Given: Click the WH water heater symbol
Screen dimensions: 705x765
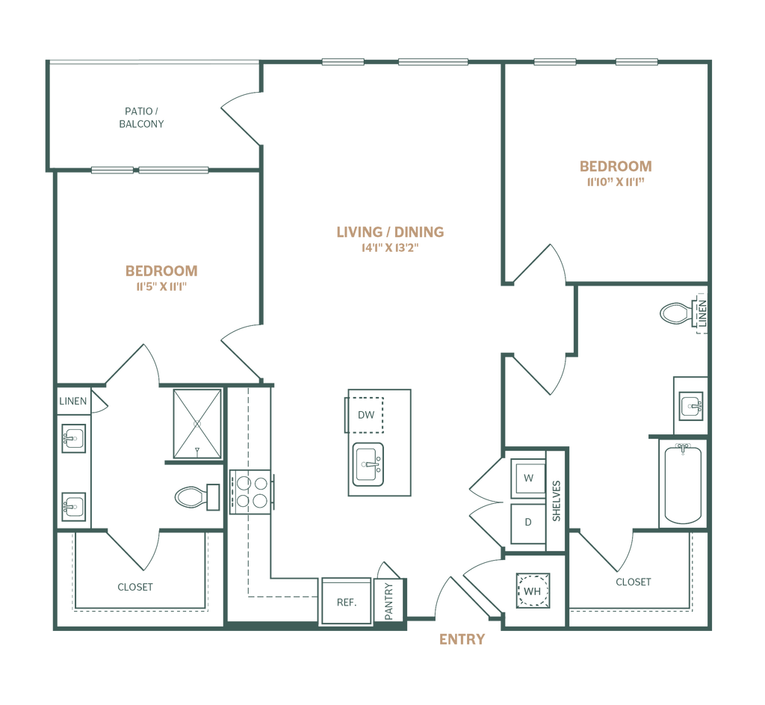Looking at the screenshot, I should [531, 591].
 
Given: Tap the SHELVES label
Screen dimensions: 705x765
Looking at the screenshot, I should [555, 500].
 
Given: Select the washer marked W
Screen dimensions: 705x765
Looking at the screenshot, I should [528, 477].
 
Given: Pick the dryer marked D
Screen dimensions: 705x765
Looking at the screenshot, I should [528, 522].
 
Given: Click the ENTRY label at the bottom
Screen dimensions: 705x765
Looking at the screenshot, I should [462, 640].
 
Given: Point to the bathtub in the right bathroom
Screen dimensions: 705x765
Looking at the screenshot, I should [682, 483].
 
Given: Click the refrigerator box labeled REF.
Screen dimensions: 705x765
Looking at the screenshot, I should [344, 602].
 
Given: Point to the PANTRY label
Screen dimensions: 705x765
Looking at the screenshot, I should [389, 600].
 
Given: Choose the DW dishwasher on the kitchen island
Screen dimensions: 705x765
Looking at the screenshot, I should [366, 413].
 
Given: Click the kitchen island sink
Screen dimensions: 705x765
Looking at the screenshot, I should [366, 464].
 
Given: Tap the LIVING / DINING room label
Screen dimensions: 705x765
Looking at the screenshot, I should [390, 232].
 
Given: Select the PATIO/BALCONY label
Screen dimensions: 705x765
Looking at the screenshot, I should [142, 118].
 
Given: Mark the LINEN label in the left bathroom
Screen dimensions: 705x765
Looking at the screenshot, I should [74, 402].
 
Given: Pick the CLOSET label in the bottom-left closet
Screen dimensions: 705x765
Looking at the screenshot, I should [135, 588].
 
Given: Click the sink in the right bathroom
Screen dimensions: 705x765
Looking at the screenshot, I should [692, 407].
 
